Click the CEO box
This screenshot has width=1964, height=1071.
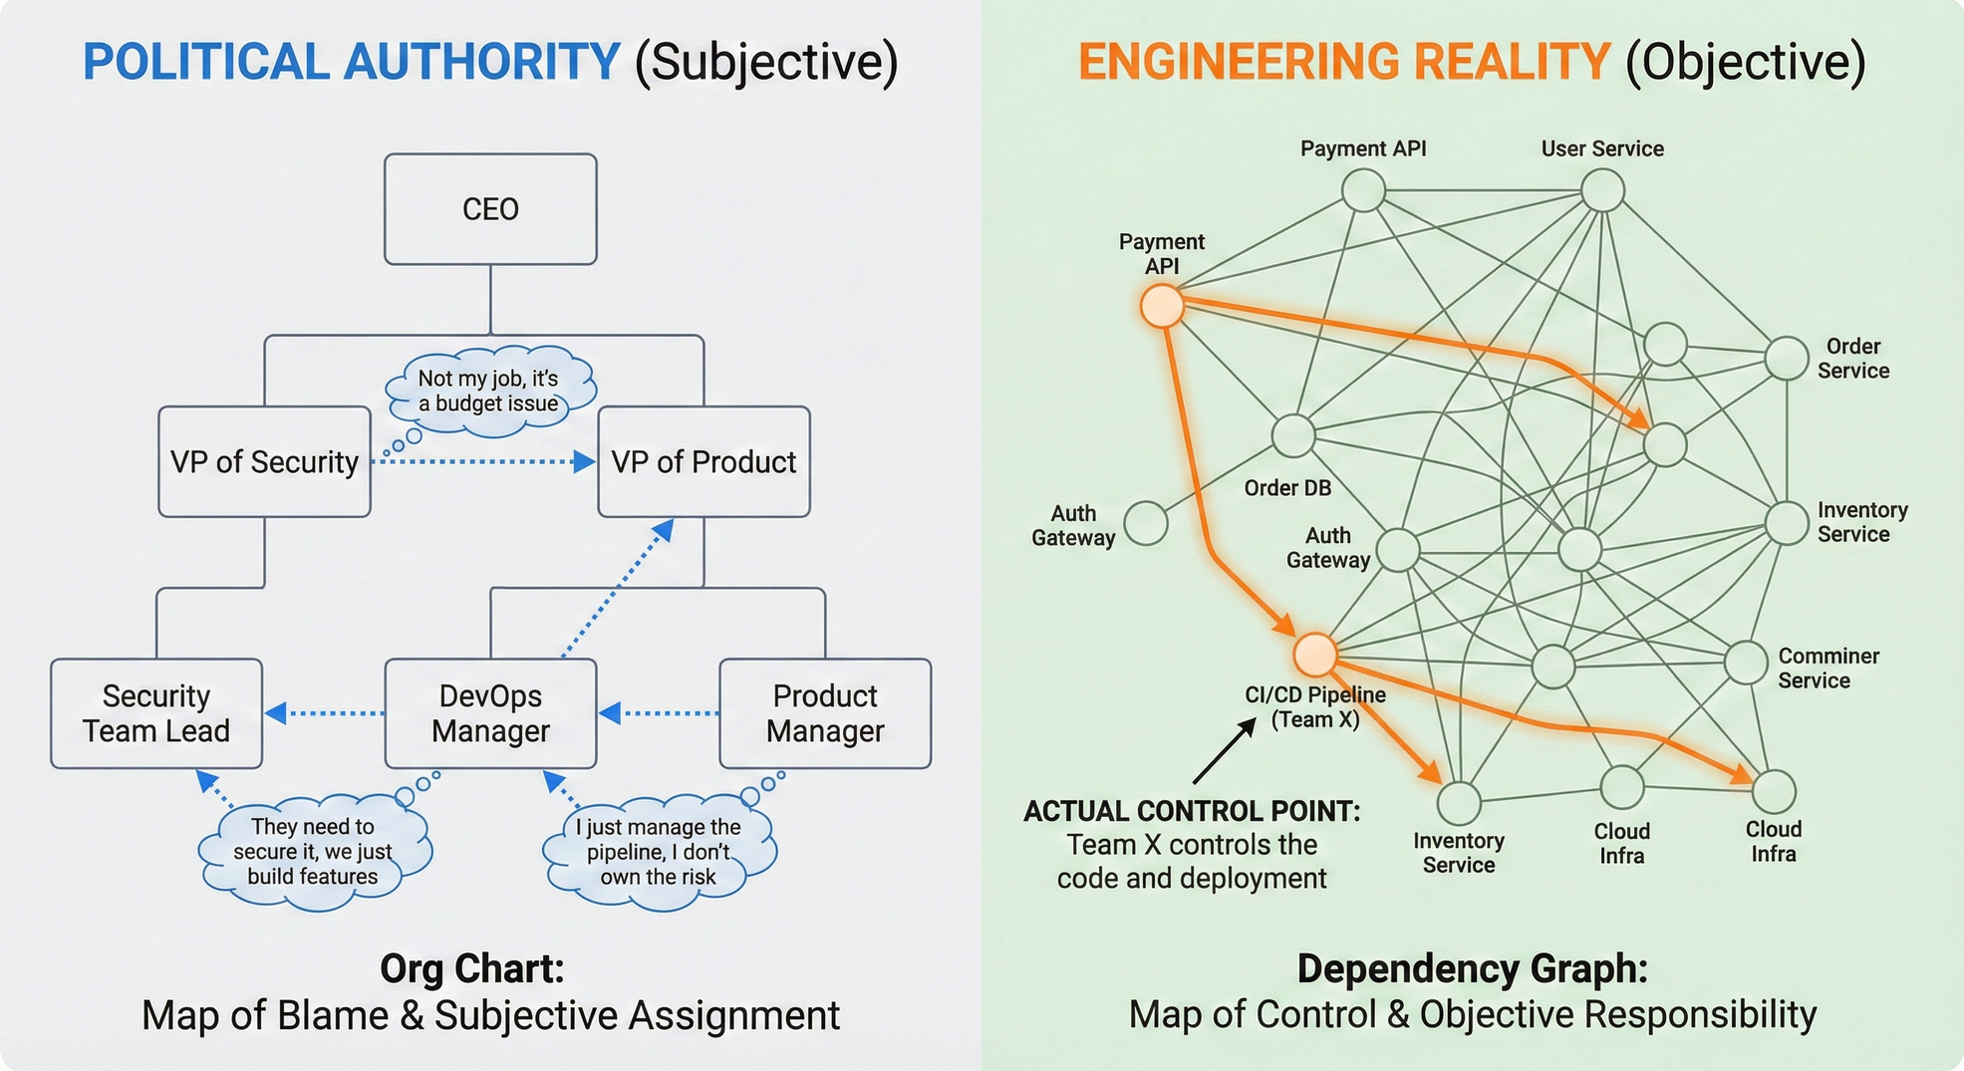(x=490, y=209)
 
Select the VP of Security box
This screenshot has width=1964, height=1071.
(x=264, y=461)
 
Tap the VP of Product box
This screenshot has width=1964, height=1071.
(x=703, y=461)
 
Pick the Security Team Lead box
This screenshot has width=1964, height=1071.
(x=156, y=713)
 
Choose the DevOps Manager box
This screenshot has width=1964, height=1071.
(x=490, y=713)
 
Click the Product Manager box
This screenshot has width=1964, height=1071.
(x=825, y=713)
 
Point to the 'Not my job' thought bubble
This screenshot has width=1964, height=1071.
(x=489, y=392)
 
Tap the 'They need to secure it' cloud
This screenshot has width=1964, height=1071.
(x=313, y=852)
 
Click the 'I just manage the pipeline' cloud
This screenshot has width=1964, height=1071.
(x=658, y=852)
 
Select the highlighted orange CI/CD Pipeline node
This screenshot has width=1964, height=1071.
(x=1315, y=655)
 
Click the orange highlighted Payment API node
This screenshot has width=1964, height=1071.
(x=1162, y=306)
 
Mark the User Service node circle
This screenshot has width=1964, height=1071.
(x=1602, y=190)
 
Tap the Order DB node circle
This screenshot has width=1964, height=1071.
(x=1293, y=435)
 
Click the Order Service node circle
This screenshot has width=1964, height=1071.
(x=1787, y=359)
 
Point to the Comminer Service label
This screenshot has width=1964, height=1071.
(x=1827, y=669)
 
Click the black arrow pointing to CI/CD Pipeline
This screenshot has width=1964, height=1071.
(x=1225, y=751)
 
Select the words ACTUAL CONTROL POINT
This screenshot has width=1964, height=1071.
(x=1192, y=811)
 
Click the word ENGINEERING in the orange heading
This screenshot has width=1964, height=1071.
(x=1244, y=62)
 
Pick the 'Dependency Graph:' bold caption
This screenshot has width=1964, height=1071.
(x=1472, y=968)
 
